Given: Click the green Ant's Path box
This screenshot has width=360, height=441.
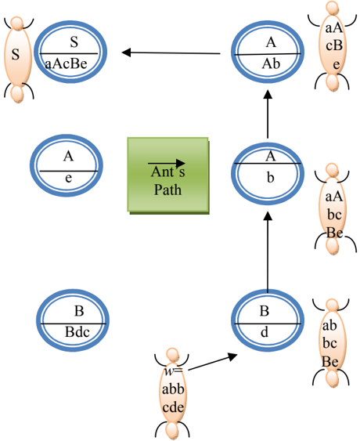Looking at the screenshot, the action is (x=168, y=175).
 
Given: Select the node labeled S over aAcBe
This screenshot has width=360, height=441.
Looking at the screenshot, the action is (x=70, y=52).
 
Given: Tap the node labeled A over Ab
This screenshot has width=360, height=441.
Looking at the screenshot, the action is (x=268, y=52).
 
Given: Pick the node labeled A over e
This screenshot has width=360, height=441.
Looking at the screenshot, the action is (x=67, y=165).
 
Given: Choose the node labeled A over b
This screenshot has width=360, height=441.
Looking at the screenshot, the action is (x=268, y=174).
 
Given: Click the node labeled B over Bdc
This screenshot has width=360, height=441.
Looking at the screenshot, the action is (x=73, y=320).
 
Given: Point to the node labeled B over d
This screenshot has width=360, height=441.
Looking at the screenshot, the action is (x=268, y=320).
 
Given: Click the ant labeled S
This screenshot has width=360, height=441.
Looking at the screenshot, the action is (x=18, y=60).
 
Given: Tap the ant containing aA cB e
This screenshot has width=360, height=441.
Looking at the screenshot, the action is (x=332, y=46).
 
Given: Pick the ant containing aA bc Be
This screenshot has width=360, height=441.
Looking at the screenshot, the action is (x=333, y=209).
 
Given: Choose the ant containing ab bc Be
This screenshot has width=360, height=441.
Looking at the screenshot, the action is (x=332, y=343).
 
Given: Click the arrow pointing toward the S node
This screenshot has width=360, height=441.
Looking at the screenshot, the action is (x=171, y=52).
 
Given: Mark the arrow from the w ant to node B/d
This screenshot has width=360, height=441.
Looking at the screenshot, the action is (x=213, y=362).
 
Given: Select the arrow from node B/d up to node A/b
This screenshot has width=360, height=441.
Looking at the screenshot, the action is (x=268, y=252).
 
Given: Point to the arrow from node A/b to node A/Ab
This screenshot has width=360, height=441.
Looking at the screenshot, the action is (x=268, y=114).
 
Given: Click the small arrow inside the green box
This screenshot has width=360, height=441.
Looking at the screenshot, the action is (x=167, y=163).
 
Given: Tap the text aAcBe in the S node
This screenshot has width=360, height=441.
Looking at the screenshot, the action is (x=67, y=63).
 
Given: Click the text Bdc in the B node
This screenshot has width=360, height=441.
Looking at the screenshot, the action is (x=77, y=332).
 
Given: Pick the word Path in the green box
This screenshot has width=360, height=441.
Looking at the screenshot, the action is (x=167, y=190).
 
